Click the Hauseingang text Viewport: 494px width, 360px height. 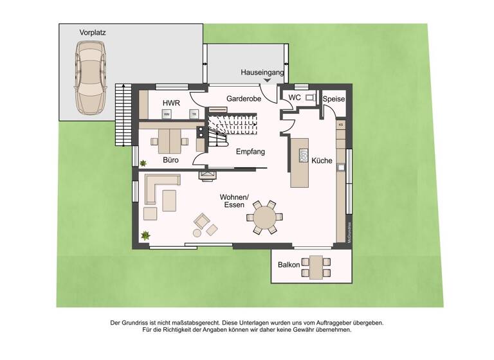(x=262, y=73)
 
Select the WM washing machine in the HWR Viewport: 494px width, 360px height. (x=167, y=114)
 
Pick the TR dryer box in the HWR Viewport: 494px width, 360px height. (x=192, y=114)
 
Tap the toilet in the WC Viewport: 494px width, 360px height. (x=309, y=98)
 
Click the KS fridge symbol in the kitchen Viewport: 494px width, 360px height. (x=340, y=124)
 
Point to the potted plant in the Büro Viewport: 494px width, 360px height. (x=144, y=162)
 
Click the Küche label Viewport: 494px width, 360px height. (x=322, y=161)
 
